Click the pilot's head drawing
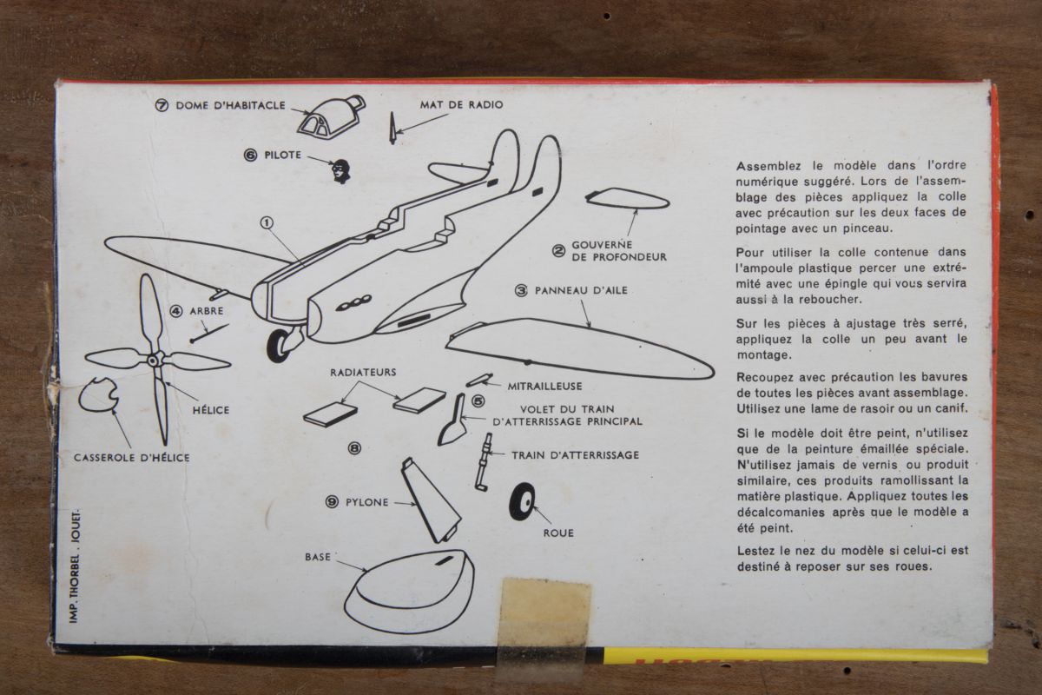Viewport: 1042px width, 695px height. point(341,171)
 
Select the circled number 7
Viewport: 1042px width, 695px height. point(162,106)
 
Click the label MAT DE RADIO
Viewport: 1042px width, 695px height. point(461,105)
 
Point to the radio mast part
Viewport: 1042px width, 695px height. point(392,128)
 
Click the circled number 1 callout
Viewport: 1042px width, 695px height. point(267,223)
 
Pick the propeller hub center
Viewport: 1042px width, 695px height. point(153,360)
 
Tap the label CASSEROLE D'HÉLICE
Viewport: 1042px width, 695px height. point(132,458)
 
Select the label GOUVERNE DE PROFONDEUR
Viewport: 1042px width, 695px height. point(618,250)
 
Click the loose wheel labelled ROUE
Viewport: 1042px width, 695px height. point(522,502)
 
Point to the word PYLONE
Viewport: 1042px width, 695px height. point(366,502)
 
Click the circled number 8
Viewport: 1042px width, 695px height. point(354,448)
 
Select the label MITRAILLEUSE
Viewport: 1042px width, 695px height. point(544,386)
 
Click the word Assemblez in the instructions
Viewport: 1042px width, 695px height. point(768,166)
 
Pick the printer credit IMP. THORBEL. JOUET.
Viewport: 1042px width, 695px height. point(75,566)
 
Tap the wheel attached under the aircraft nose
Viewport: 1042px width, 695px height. point(279,346)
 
